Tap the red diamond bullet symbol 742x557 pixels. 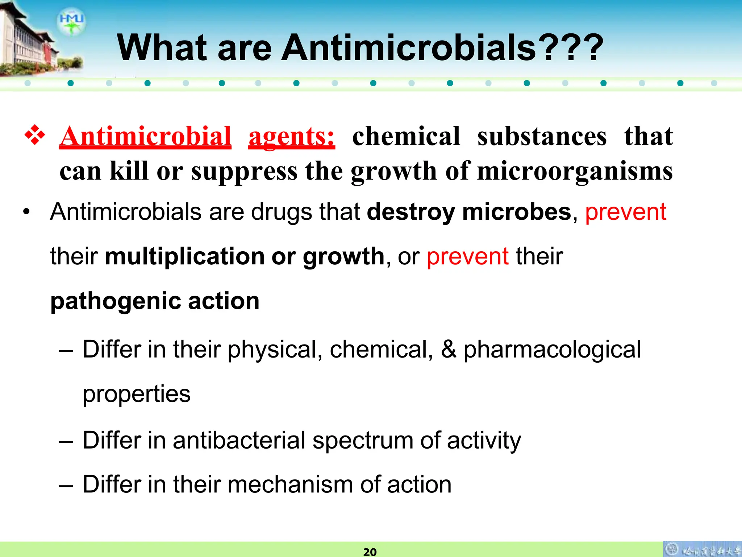coord(35,135)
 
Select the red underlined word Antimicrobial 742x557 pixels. coord(145,137)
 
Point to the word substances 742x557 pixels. coord(542,137)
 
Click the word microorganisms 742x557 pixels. coord(575,171)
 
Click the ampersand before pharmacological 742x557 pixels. coord(449,349)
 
